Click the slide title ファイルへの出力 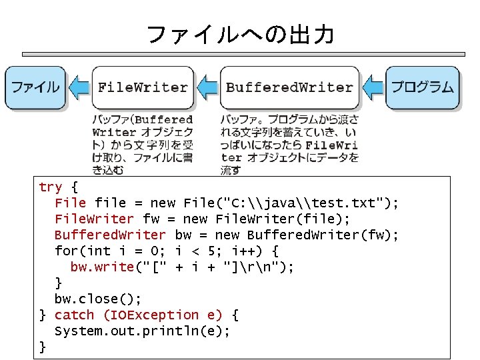[239, 34]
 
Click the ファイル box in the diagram [35, 87]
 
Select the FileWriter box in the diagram [142, 87]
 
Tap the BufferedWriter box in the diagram [289, 87]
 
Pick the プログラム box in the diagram [423, 87]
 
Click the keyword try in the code [51, 187]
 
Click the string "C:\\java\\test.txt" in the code [308, 203]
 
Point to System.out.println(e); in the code [142, 331]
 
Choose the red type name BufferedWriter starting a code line [110, 235]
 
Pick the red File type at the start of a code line [70, 203]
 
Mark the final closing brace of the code [43, 347]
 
